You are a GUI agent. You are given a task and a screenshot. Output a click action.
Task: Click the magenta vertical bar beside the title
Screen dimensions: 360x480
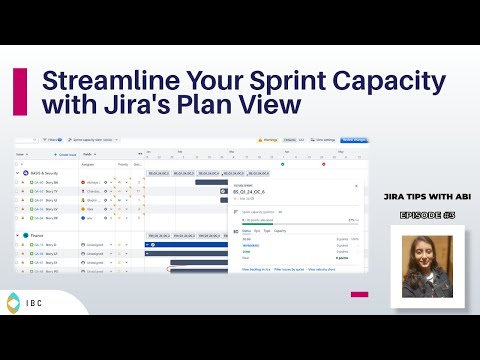tap(19, 91)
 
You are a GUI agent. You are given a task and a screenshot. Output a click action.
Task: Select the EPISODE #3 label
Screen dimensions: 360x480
tap(427, 214)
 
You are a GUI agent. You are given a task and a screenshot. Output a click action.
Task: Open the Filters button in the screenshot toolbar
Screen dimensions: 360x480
tap(49, 141)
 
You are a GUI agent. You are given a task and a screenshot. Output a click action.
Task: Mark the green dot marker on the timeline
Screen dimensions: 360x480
tap(283, 163)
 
